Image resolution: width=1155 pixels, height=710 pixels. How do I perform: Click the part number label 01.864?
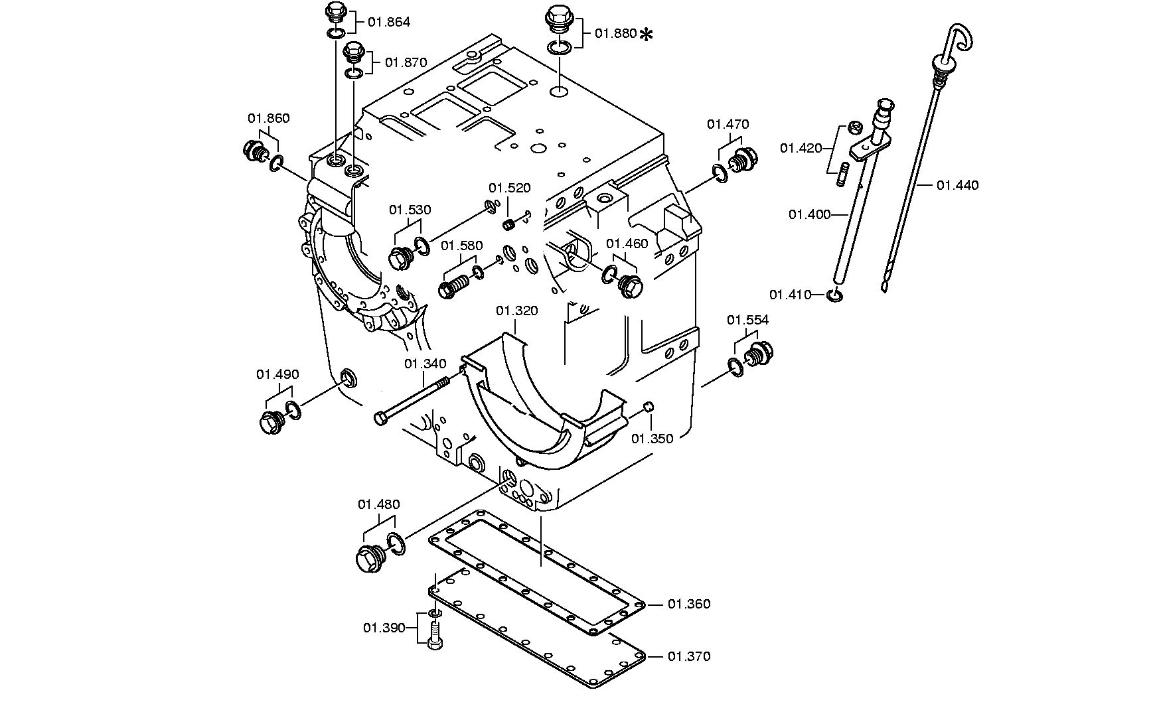pos(389,22)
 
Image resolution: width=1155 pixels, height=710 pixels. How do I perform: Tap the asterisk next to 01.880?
pos(646,35)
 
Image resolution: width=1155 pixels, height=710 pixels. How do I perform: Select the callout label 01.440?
pos(957,185)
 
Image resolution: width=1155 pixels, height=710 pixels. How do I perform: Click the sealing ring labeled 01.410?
pos(835,295)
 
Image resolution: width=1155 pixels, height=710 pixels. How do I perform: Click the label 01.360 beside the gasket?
pos(689,604)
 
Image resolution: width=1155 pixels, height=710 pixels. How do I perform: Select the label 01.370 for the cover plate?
pos(689,656)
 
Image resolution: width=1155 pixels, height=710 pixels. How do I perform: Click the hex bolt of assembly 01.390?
pos(435,635)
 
